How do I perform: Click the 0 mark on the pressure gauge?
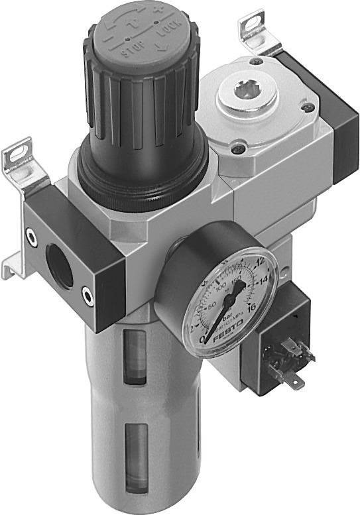tap(203, 339)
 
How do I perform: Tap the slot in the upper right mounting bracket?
tap(253, 25)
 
